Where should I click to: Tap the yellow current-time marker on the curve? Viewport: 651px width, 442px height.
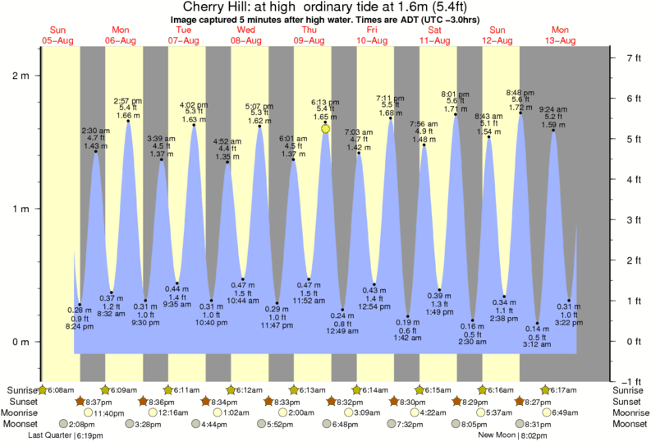[x=326, y=129]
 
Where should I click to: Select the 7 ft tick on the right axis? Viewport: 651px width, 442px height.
[x=633, y=58]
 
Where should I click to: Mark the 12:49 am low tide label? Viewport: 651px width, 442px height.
[x=342, y=330]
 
